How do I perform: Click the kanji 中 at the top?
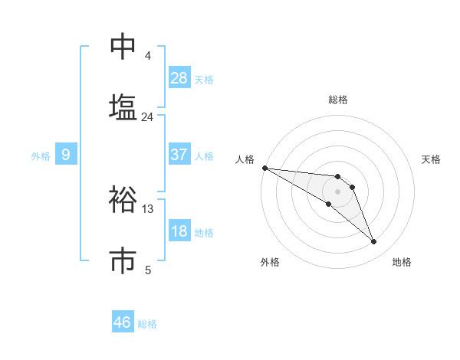[123, 46]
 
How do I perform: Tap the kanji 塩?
[123, 106]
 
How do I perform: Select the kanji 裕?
[123, 199]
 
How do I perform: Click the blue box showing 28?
[179, 78]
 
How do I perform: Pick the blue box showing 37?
[179, 155]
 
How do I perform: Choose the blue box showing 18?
[179, 231]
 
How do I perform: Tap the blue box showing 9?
[66, 155]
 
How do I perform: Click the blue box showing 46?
[123, 322]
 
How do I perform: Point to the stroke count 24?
[147, 117]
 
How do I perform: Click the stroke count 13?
[147, 209]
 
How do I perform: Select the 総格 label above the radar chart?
[338, 100]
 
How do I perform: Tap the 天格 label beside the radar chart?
[432, 159]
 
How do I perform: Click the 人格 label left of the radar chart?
[245, 159]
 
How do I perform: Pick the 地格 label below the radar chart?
[402, 262]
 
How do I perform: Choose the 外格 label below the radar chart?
[270, 262]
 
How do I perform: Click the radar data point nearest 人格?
[264, 168]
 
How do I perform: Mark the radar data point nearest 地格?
[374, 242]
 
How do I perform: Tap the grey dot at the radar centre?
[337, 191]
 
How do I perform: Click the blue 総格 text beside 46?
[147, 324]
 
